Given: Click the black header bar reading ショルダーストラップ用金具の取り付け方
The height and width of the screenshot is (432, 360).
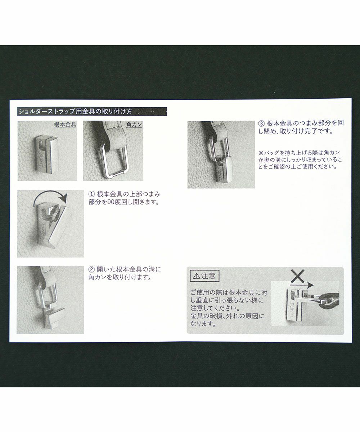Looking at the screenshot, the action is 92,112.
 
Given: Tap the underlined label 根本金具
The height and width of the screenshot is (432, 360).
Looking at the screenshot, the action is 65,125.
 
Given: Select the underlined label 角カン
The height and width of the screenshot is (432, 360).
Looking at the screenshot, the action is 134,125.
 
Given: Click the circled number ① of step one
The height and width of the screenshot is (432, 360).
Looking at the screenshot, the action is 91,194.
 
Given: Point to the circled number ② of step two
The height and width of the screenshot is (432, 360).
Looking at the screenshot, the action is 91,269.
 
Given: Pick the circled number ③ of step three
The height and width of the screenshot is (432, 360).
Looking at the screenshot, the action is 262,123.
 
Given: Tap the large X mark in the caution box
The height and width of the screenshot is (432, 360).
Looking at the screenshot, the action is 297,276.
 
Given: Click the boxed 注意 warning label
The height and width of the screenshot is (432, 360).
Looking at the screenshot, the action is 204,276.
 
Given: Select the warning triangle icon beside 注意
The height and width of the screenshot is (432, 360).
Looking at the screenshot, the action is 196,276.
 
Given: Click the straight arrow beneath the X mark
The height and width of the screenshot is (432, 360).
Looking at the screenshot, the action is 302,285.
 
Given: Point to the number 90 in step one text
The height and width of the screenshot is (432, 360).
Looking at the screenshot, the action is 110,202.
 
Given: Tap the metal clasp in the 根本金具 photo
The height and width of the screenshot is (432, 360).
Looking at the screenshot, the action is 46,154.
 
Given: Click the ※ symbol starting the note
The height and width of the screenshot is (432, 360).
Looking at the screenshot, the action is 261,153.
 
